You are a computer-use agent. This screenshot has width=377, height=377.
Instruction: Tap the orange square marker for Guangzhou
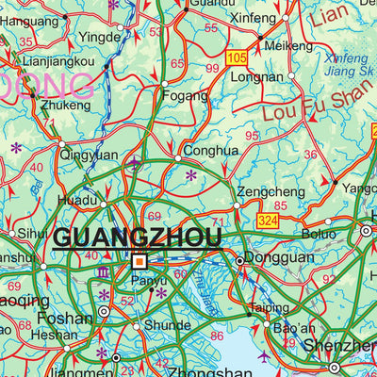139,261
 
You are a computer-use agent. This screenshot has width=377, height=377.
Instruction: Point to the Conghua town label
209,149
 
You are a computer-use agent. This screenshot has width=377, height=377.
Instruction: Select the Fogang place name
185,95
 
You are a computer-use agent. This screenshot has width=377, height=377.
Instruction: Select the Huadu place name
78,200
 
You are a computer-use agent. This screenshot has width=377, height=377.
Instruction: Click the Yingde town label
100,38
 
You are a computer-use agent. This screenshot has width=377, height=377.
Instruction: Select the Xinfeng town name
254,18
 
